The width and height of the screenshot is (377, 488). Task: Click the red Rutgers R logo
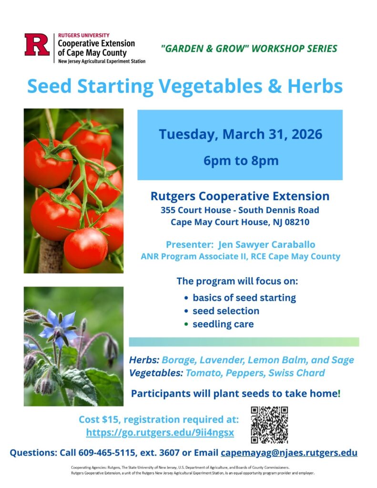point(37,44)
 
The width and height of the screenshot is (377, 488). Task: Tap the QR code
point(269,425)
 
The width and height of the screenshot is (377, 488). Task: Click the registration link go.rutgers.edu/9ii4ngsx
point(160,433)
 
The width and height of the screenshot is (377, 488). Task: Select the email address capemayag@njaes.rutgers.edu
point(289,453)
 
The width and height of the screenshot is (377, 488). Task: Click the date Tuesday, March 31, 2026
point(241,134)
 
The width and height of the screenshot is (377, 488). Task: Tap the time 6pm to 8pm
point(241,161)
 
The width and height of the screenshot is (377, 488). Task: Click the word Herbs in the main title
point(315,86)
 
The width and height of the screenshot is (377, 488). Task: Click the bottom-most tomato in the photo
point(86,248)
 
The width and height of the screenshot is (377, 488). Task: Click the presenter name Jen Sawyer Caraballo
point(266,244)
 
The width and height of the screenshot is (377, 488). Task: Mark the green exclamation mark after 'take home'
point(339,393)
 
